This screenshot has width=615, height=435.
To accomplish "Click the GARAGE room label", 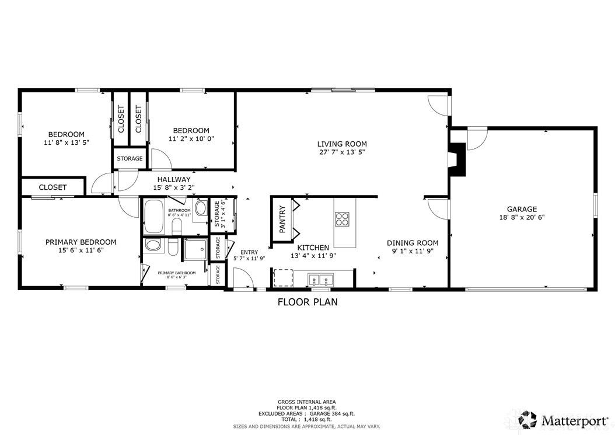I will pyautogui.click(x=522, y=209).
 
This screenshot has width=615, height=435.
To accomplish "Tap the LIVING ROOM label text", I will pyautogui.click(x=342, y=144).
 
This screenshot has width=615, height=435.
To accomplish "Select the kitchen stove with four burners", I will pyautogui.click(x=342, y=218).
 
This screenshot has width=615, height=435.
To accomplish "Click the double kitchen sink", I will pyautogui.click(x=319, y=280).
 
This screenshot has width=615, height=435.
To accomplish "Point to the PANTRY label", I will pyautogui.click(x=282, y=219).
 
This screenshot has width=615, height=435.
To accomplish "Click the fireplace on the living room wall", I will pyautogui.click(x=459, y=159).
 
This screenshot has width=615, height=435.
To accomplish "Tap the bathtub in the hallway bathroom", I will pyautogui.click(x=155, y=216).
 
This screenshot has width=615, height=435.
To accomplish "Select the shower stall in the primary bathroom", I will pyautogui.click(x=194, y=250).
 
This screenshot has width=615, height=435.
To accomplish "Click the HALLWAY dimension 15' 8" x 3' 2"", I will pyautogui.click(x=173, y=188).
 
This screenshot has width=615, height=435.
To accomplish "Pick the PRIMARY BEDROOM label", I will pyautogui.click(x=81, y=242).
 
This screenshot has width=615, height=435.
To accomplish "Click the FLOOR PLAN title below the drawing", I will pyautogui.click(x=307, y=302).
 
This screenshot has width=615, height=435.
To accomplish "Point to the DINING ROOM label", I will pyautogui.click(x=413, y=243).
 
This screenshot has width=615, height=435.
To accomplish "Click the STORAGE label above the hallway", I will pyautogui.click(x=130, y=158).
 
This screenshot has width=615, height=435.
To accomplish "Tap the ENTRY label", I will pyautogui.click(x=249, y=252).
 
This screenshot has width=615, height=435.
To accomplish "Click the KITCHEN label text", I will pyautogui.click(x=313, y=248).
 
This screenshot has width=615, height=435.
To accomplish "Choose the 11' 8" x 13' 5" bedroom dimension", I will pyautogui.click(x=67, y=142).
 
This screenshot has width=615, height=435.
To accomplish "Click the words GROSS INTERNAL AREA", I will pyautogui.click(x=307, y=402).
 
